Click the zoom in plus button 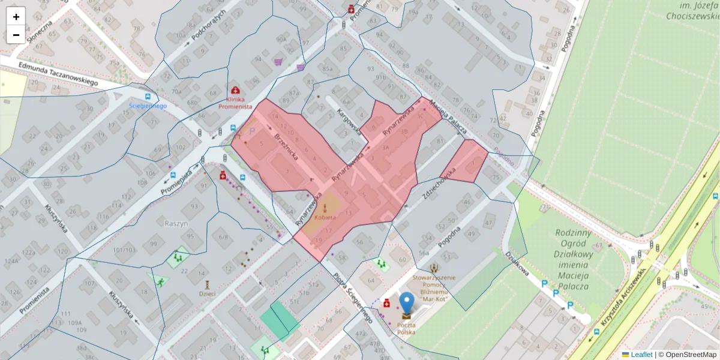(x=16, y=17)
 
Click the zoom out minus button (x=16, y=35)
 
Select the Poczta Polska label (x=406, y=328)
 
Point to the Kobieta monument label (x=325, y=220)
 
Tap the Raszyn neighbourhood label (x=176, y=223)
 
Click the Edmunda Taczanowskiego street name (x=58, y=74)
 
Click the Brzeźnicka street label (x=286, y=146)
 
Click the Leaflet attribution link (x=641, y=355)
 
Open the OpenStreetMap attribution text (x=691, y=355)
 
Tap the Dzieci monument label (x=208, y=294)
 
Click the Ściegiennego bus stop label (x=148, y=106)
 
